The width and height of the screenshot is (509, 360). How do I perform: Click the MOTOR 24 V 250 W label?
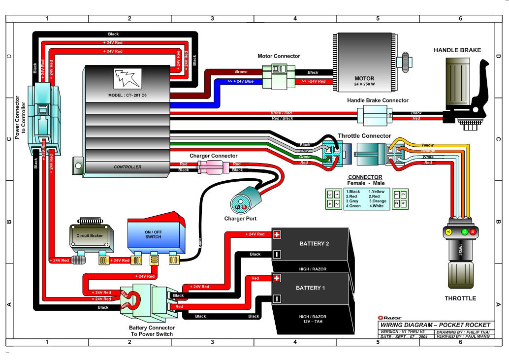[364, 81]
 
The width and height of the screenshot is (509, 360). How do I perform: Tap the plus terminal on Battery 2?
[277, 234]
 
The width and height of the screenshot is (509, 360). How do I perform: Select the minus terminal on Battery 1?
[277, 298]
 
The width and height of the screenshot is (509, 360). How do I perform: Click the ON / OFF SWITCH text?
[153, 234]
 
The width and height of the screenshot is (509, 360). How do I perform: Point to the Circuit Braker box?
[90, 235]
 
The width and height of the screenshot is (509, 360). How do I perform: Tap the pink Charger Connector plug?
[210, 167]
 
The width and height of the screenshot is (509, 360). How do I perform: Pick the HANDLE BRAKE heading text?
[457, 50]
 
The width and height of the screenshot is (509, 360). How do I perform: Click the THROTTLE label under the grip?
[460, 298]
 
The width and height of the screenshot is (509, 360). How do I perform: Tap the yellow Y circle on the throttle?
[448, 231]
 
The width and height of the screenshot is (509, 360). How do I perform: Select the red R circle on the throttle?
[473, 231]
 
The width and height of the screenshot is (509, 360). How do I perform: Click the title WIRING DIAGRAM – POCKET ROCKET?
[435, 325]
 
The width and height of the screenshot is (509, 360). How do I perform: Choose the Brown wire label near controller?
[241, 72]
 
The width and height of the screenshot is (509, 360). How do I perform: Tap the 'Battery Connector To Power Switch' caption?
[151, 331]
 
